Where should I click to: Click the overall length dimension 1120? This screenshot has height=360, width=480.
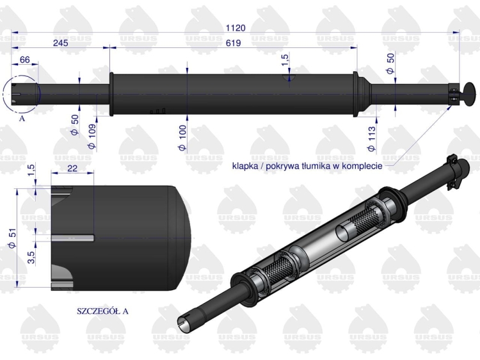(x=236, y=28)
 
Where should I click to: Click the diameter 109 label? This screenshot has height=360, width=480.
(x=92, y=136)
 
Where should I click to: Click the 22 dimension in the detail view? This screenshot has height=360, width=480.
(x=72, y=167)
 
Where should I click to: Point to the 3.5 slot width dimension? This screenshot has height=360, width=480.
(x=31, y=257)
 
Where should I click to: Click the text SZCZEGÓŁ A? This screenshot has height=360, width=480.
(x=102, y=311)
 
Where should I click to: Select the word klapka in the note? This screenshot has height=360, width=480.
(x=246, y=166)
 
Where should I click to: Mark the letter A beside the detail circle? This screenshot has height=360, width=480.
(x=22, y=119)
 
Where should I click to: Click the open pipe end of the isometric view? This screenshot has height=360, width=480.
(x=184, y=322)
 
